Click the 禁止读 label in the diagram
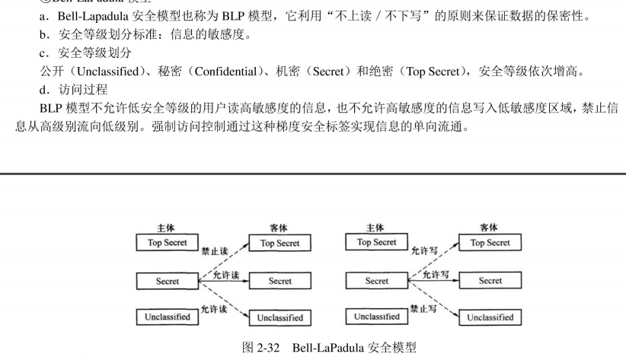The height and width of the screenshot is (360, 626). pos(213,251)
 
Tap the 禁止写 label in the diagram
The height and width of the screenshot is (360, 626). pos(424,310)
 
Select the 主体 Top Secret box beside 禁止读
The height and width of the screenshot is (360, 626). pos(168,243)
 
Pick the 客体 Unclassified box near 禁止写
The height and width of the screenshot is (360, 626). pos(490,317)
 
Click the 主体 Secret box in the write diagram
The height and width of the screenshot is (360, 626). pos(376,281)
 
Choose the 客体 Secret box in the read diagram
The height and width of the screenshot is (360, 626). pos(279,281)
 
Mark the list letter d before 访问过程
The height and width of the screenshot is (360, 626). pos(43,90)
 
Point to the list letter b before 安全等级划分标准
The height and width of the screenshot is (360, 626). pos(43,35)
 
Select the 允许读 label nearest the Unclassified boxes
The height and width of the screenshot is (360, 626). pos(214,309)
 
